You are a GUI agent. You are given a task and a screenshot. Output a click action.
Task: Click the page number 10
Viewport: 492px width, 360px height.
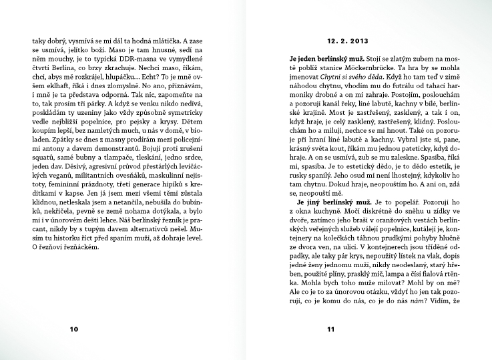pyautogui.click(x=74, y=329)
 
